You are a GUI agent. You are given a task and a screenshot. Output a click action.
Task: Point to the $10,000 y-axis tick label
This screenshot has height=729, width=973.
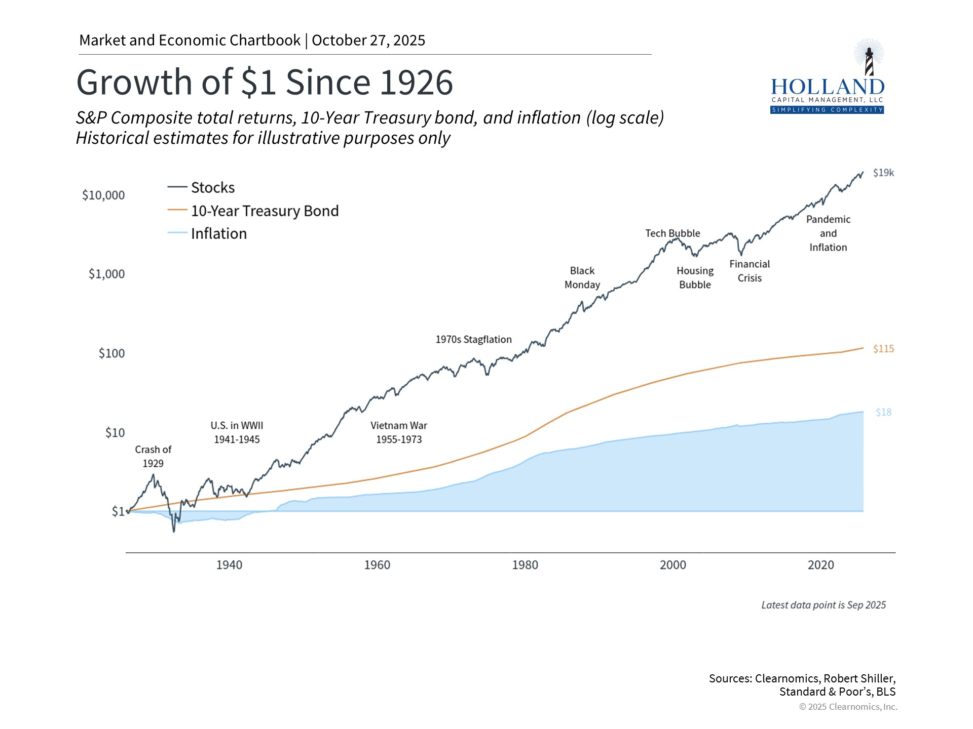pyautogui.click(x=103, y=195)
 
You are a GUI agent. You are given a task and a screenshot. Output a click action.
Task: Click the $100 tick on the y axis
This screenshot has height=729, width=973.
pyautogui.click(x=111, y=353)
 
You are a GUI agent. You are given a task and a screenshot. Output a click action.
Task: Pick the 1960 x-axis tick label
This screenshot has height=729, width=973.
pyautogui.click(x=377, y=565)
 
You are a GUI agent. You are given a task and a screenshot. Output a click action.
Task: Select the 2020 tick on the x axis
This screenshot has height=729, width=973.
pyautogui.click(x=820, y=565)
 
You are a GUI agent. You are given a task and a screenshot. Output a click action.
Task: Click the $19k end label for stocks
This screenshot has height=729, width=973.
pyautogui.click(x=883, y=173)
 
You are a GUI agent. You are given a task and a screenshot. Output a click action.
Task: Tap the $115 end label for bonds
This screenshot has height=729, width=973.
pyautogui.click(x=883, y=349)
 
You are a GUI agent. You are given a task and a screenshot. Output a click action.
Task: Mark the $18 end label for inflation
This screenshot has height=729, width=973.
pyautogui.click(x=883, y=413)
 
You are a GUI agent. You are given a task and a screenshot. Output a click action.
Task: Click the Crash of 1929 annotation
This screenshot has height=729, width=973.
pyautogui.click(x=153, y=456)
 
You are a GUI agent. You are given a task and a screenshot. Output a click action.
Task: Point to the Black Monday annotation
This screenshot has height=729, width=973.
pyautogui.click(x=582, y=278)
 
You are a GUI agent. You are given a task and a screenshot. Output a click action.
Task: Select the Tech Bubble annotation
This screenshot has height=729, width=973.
pyautogui.click(x=672, y=233)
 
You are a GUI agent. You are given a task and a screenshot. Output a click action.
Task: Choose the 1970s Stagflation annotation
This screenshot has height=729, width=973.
pyautogui.click(x=473, y=340)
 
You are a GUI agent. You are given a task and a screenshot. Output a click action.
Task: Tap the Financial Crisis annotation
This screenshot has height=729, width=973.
pyautogui.click(x=750, y=271)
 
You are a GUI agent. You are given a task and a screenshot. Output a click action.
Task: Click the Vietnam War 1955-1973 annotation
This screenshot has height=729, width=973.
pyautogui.click(x=399, y=432)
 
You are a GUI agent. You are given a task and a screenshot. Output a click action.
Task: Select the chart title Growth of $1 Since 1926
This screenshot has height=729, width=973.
pyautogui.click(x=264, y=82)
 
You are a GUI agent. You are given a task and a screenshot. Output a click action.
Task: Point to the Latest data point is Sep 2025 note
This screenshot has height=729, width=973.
pyautogui.click(x=823, y=605)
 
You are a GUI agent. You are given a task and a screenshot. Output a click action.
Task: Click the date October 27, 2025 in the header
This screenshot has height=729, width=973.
pyautogui.click(x=368, y=40)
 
